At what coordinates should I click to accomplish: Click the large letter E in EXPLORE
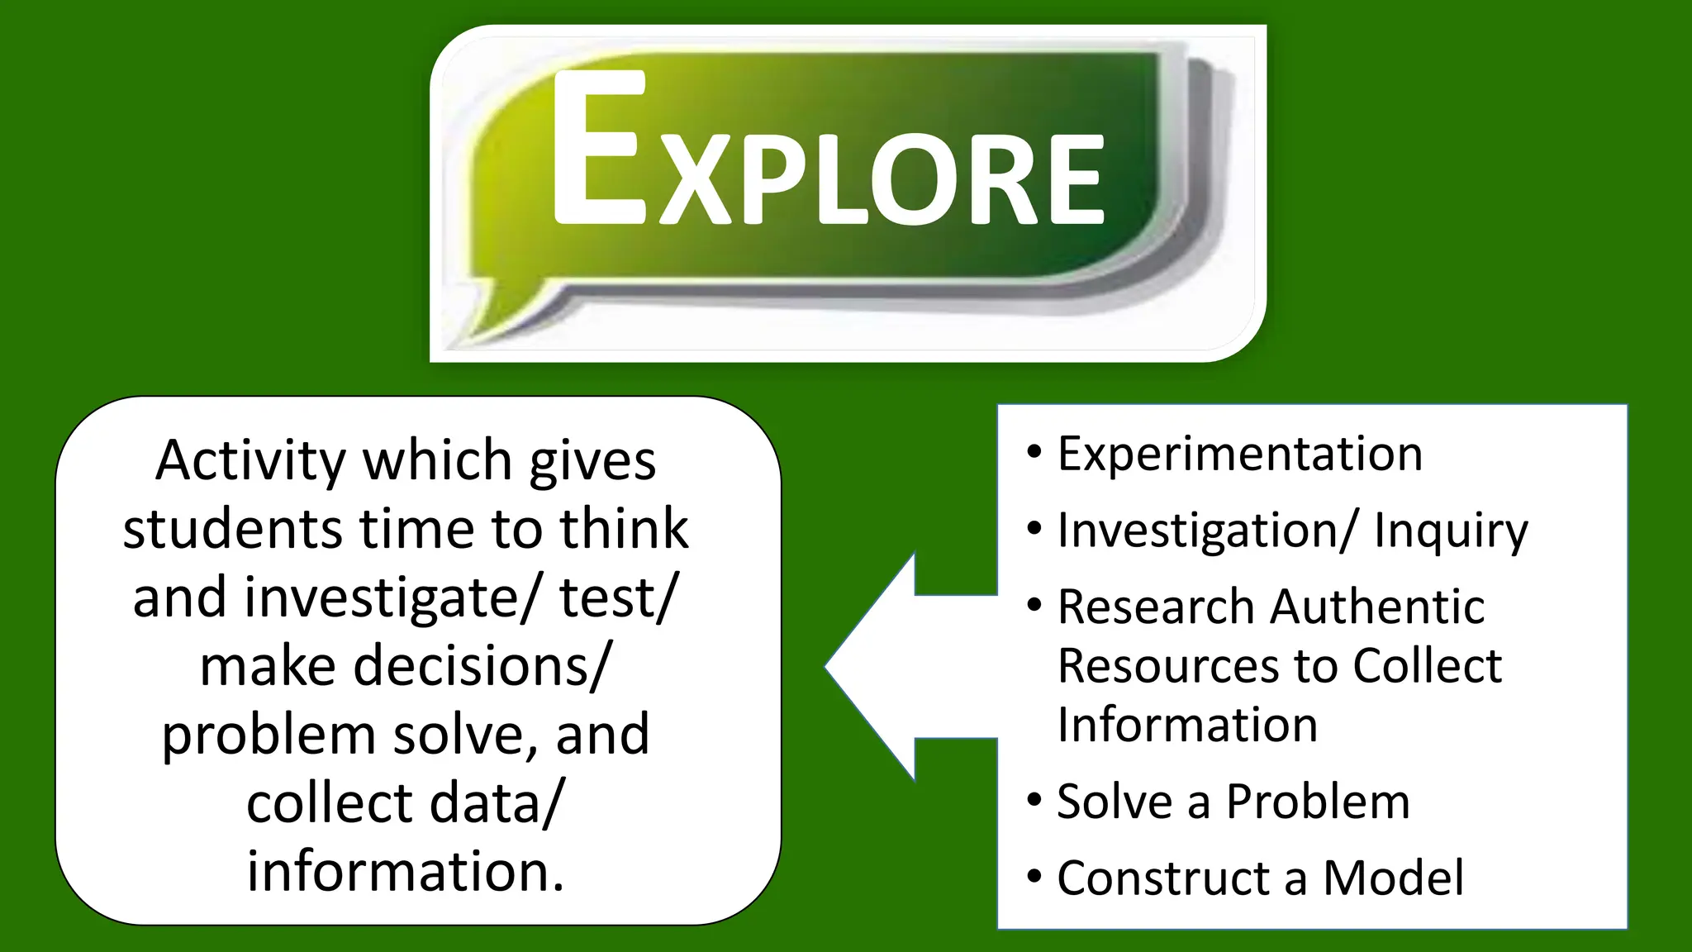pos(599,149)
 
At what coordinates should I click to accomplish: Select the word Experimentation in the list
pos(1239,454)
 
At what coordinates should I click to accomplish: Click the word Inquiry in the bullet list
pos(1451,531)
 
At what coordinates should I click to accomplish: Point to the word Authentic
pos(1377,607)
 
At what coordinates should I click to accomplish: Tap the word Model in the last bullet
pos(1393,878)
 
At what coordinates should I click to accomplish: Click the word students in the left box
pos(232,529)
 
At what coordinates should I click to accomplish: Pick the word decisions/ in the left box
pos(482,666)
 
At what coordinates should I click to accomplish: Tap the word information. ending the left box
pos(406,871)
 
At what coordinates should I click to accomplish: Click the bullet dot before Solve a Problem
pos(1034,800)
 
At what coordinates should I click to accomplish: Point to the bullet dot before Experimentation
pos(1034,452)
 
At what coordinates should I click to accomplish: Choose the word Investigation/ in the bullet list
pos(1207,531)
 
